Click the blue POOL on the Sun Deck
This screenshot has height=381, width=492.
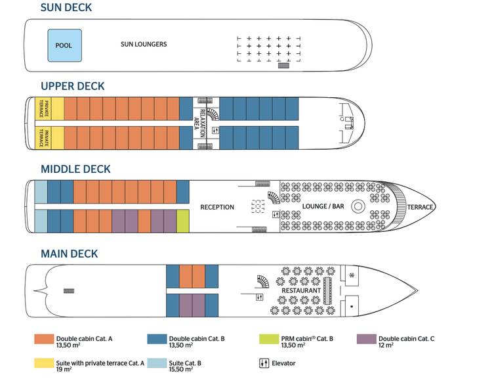click(64, 45)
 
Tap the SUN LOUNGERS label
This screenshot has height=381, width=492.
click(144, 45)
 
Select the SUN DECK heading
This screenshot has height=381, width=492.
click(66, 9)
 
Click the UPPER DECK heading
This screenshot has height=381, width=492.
click(73, 87)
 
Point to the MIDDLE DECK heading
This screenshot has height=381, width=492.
click(75, 169)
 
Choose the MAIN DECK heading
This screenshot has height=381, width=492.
click(69, 254)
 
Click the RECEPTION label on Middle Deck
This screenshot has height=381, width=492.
click(217, 208)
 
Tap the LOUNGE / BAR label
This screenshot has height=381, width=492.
click(323, 207)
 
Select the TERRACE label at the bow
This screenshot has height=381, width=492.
click(420, 208)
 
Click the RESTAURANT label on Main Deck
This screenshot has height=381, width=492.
click(301, 290)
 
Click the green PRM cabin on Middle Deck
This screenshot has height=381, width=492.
click(183, 221)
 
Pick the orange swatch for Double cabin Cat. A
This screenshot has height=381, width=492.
click(44, 340)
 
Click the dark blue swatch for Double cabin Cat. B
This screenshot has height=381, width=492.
click(157, 340)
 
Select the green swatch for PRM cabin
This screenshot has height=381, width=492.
click(269, 340)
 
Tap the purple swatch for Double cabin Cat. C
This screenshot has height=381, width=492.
click(366, 340)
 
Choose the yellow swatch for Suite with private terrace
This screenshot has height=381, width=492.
click(44, 363)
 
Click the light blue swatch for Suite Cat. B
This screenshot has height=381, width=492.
click(157, 363)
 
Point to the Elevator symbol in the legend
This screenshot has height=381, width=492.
click(265, 363)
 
